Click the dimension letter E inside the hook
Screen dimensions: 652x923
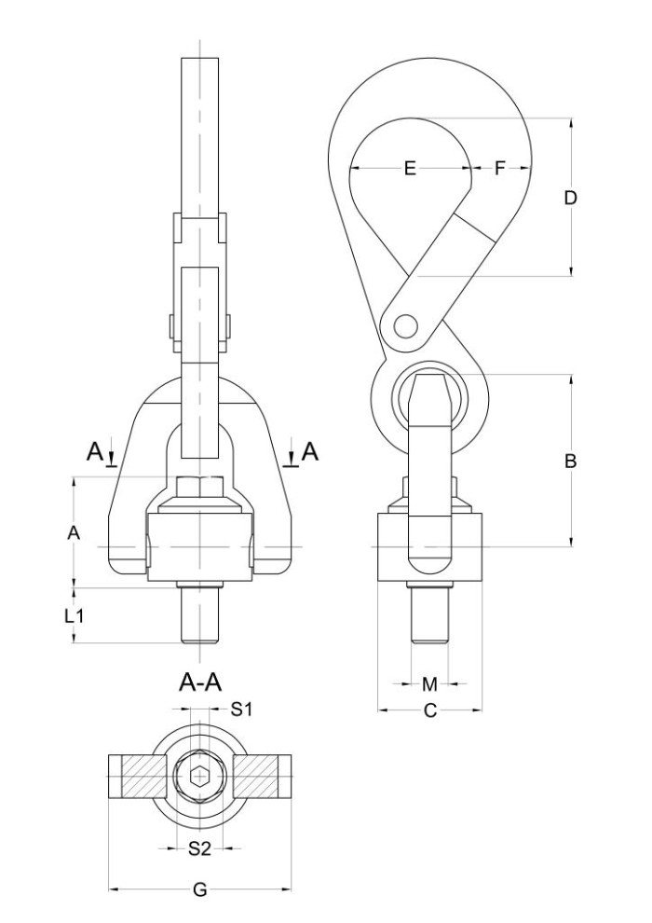point(411,169)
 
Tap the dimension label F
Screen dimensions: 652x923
point(500,169)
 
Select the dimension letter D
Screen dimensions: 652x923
point(570,198)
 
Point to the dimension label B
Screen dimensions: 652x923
point(570,461)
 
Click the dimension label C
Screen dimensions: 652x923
point(430,711)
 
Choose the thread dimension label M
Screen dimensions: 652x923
point(430,684)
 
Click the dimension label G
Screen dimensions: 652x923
point(200,890)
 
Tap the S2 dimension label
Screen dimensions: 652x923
point(200,848)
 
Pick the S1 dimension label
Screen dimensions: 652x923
point(241,709)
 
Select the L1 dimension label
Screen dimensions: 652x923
point(75,616)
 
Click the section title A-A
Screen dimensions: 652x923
point(200,682)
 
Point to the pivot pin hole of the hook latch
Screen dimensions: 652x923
point(404,325)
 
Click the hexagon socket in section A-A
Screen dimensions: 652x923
point(200,778)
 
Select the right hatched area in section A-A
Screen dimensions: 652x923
point(256,778)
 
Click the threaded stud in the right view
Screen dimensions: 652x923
point(429,613)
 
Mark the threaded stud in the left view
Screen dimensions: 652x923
point(200,613)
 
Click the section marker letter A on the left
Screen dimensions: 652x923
point(95,452)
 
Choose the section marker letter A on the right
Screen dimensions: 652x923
point(310,452)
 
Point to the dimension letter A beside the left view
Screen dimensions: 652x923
point(74,532)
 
